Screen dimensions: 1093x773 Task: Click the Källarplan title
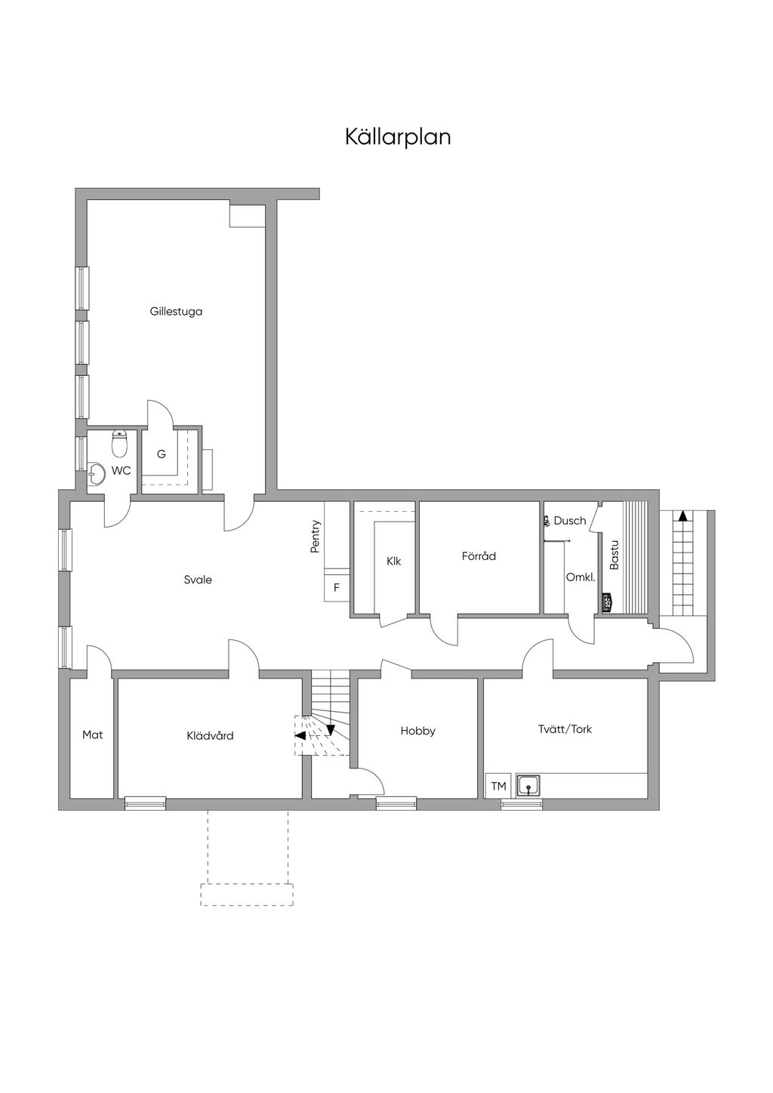coord(398,137)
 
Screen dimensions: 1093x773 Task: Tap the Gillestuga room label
coord(176,311)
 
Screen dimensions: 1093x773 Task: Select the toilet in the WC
coord(119,445)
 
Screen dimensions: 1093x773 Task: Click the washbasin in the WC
coord(97,475)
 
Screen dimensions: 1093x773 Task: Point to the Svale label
coord(198,580)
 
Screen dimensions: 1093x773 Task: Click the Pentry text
coord(316,537)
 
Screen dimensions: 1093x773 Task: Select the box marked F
coord(337,587)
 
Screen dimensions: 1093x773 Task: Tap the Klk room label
coord(393,562)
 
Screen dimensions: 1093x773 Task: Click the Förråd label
coord(479,556)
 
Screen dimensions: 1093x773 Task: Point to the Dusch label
coord(569,521)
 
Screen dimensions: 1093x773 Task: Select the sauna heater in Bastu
coord(607,603)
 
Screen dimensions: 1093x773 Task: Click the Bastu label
coord(614,555)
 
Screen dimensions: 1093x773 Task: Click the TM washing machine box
coord(498,786)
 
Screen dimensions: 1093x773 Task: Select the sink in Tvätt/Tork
coord(529,786)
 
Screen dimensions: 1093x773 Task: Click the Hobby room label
coord(417,731)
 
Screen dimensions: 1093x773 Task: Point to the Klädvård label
coord(210,735)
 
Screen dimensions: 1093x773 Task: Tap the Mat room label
coord(92,734)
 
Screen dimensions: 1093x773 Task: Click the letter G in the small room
coord(162,454)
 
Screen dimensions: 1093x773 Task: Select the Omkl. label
coord(581,577)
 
